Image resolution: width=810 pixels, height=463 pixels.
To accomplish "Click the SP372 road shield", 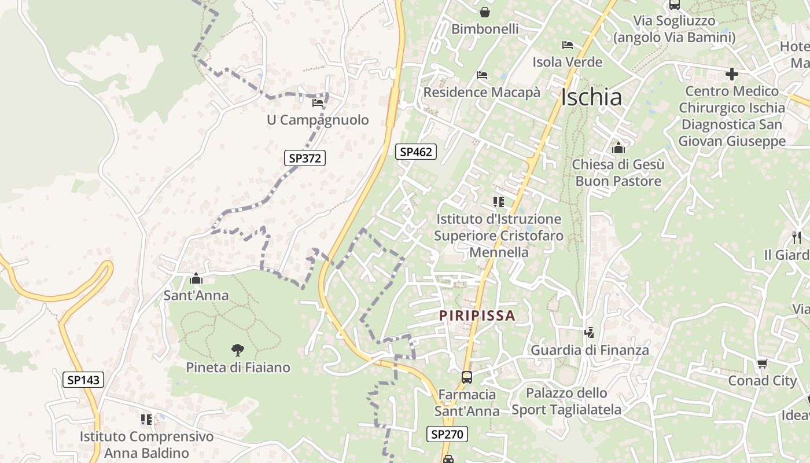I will [x=305, y=158].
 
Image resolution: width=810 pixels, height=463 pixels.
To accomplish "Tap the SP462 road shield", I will [x=416, y=152].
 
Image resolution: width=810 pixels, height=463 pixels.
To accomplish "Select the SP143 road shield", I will [x=83, y=380].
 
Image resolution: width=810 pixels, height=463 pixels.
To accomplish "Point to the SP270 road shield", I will [x=447, y=434].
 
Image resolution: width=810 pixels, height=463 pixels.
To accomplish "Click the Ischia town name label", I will [x=591, y=97].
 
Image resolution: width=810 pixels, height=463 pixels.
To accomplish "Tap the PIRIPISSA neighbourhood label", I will [x=477, y=315].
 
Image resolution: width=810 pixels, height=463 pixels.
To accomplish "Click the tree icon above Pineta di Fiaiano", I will [x=237, y=350].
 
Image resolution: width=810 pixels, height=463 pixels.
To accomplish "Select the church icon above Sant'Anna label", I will [x=196, y=278].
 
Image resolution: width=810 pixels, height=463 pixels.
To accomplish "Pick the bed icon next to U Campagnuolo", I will [x=318, y=103].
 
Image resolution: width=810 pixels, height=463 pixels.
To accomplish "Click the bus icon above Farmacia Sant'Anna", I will [x=466, y=377].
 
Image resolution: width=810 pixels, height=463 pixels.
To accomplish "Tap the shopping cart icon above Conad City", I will [x=762, y=363].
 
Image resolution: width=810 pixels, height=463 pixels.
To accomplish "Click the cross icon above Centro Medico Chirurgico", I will [x=732, y=74].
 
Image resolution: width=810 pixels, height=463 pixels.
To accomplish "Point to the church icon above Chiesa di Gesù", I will [x=618, y=148].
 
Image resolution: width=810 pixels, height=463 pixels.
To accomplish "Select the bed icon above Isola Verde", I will [x=568, y=45].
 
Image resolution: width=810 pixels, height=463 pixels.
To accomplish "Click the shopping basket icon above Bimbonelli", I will [x=485, y=12].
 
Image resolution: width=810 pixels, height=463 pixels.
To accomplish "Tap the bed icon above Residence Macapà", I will [x=481, y=75].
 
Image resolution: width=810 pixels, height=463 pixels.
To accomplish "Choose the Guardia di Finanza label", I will [x=590, y=350].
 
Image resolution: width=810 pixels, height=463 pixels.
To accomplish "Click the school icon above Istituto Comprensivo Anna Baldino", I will [x=146, y=419].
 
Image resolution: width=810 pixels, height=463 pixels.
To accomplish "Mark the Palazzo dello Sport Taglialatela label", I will [x=566, y=401].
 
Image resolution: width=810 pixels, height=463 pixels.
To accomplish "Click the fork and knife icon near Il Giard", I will [x=797, y=237].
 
